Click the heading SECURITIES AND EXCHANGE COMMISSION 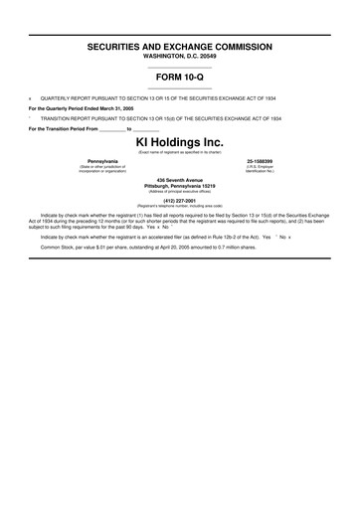pos(180,47)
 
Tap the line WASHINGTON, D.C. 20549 pos(180,56)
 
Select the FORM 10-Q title pos(180,79)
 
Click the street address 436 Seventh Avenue pos(180,180)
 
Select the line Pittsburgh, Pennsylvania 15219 pos(180,186)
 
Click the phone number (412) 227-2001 pos(180,202)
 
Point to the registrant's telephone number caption pos(180,208)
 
